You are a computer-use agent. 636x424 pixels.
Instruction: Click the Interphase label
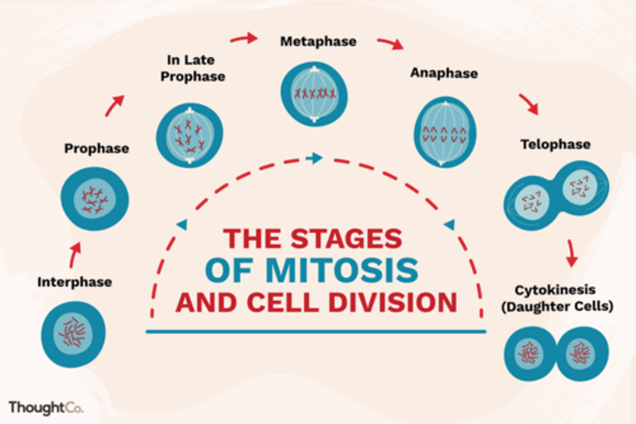coord(75,282)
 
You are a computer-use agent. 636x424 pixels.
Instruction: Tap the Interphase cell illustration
coord(73,334)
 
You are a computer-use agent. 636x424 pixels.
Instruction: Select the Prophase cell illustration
coord(95,199)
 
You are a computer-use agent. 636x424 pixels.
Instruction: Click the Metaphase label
coord(318,42)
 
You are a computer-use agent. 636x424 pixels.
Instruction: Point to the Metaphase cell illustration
coord(314,94)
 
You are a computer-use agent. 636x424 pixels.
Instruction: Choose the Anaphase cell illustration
coord(445,132)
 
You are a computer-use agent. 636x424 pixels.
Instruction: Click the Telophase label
coord(555,145)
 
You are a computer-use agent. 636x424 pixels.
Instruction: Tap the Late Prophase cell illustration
coord(189,135)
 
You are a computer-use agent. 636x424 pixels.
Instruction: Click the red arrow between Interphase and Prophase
coord(75,255)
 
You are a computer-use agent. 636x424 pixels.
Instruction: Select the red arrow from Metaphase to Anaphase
coord(390,43)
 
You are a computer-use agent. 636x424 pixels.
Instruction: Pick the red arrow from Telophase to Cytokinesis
coord(571,253)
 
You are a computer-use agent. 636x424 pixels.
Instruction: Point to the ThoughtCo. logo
coord(45,408)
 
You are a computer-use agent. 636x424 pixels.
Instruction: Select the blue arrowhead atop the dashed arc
coord(314,158)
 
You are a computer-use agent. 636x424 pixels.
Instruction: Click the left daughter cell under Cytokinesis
coord(530,353)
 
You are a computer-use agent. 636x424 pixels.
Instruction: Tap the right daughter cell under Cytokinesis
coord(582,353)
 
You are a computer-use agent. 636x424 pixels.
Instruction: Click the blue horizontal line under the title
coord(316,331)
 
